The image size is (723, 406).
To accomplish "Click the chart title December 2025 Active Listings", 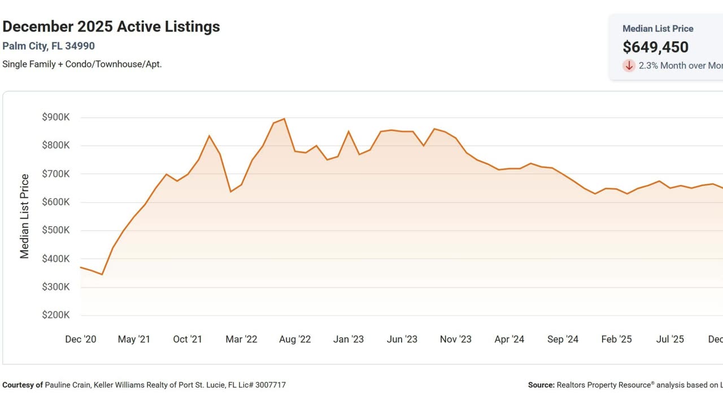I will tap(111, 27).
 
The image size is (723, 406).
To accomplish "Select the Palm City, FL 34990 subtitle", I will tap(49, 46).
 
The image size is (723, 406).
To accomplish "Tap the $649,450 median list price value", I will tap(655, 47).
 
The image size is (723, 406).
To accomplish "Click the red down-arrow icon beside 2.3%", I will tap(629, 65).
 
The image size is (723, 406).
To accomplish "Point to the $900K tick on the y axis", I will tap(56, 117).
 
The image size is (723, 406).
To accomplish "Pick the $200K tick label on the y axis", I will tap(56, 315).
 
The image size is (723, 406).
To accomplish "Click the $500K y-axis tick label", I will tap(56, 231).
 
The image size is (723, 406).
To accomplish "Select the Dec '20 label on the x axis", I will tap(81, 339).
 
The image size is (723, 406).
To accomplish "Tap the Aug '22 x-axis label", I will tap(295, 339).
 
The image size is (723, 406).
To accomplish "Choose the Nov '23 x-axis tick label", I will tap(455, 339).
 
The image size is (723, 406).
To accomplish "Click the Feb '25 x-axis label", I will tap(616, 339).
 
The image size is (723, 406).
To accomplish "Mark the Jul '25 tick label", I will tap(670, 339).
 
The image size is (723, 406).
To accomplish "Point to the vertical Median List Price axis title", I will tap(25, 217).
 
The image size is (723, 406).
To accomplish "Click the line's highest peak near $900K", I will tap(284, 118).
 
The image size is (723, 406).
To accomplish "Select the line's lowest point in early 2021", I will tap(102, 275).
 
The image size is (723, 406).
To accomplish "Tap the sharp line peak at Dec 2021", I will tap(209, 135).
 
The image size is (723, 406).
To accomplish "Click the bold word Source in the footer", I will tap(541, 385).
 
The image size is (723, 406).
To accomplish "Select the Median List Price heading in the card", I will tap(657, 29).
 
